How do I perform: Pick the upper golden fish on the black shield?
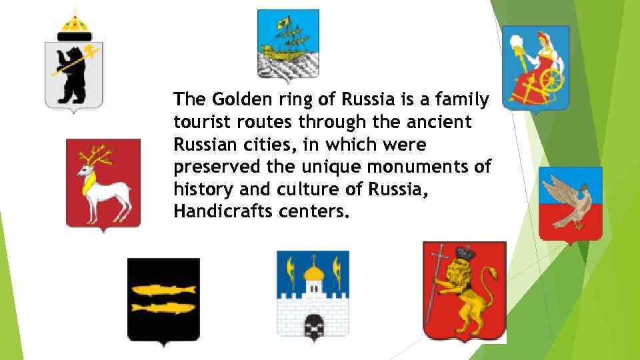[163, 289]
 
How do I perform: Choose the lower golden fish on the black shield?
[163, 307]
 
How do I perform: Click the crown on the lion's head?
[465, 253]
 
